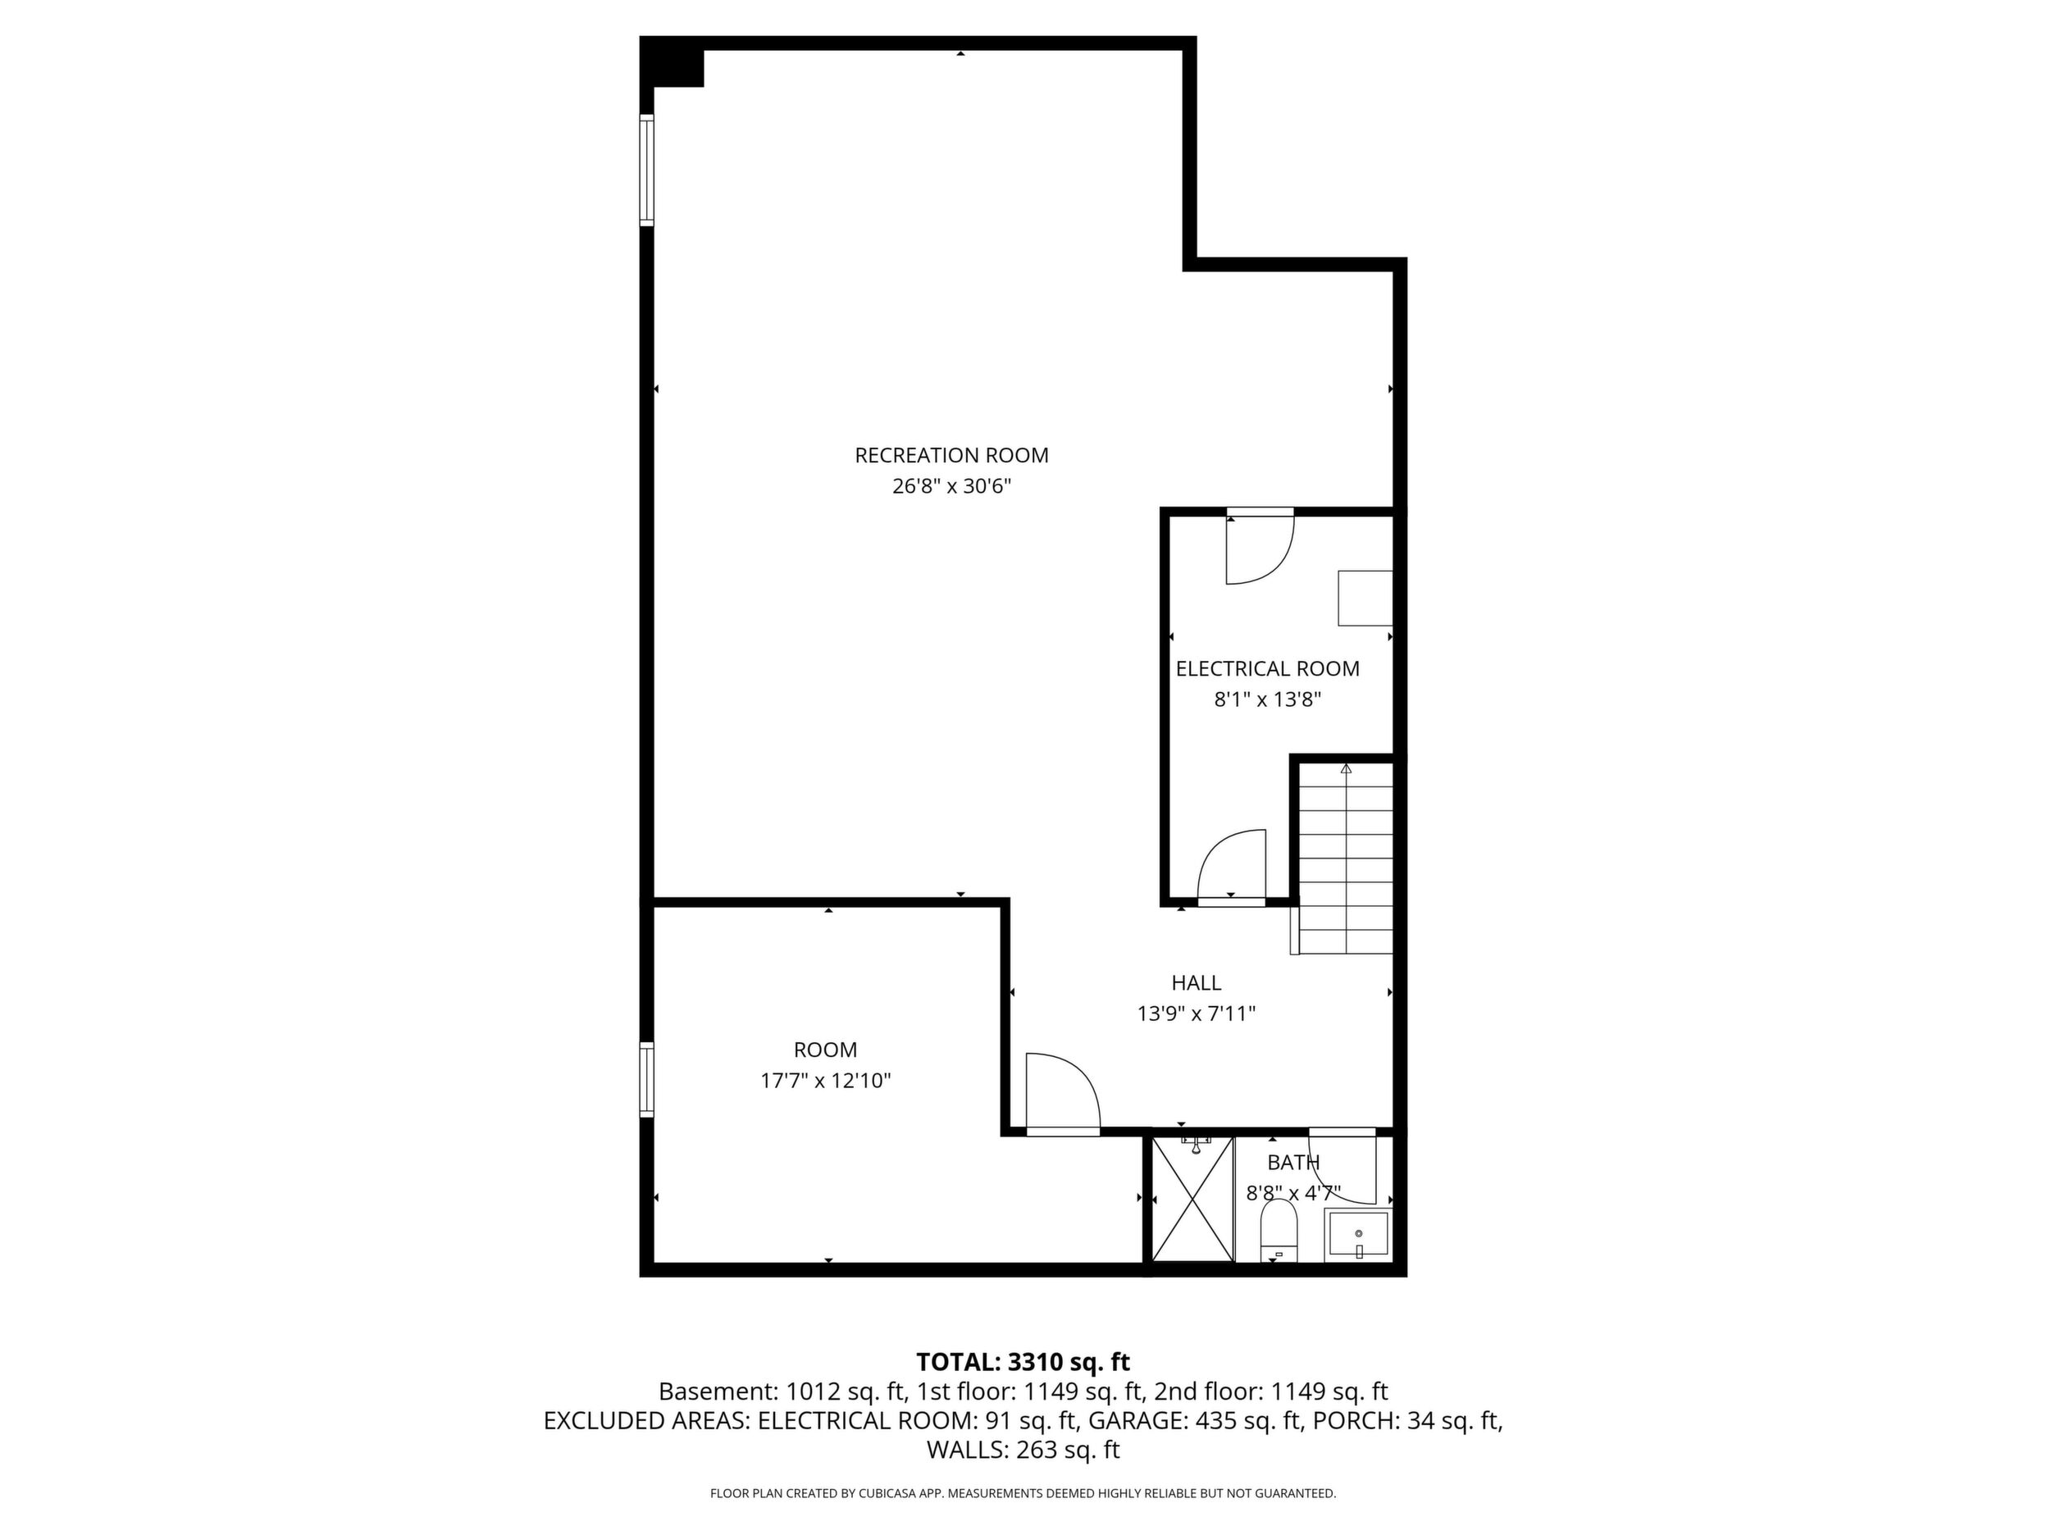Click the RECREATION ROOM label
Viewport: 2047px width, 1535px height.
click(x=951, y=455)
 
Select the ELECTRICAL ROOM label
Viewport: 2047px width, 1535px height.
click(x=1268, y=669)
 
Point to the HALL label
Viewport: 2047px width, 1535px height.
click(x=1197, y=982)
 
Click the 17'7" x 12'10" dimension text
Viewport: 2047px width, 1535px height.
click(x=826, y=1081)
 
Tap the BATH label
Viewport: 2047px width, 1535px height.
click(x=1293, y=1162)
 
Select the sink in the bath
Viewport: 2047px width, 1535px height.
click(x=1358, y=1235)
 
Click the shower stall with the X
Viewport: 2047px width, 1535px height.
click(x=1192, y=1198)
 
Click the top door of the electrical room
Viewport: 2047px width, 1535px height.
click(x=1261, y=547)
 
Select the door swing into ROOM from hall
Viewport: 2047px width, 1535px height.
click(x=1062, y=1093)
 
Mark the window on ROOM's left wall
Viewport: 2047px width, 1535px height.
click(x=647, y=1079)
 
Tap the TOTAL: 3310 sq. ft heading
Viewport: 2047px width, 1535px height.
click(x=1023, y=1362)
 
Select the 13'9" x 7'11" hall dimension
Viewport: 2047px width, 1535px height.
click(x=1197, y=1014)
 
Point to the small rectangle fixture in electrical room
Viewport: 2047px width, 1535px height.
click(x=1365, y=598)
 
